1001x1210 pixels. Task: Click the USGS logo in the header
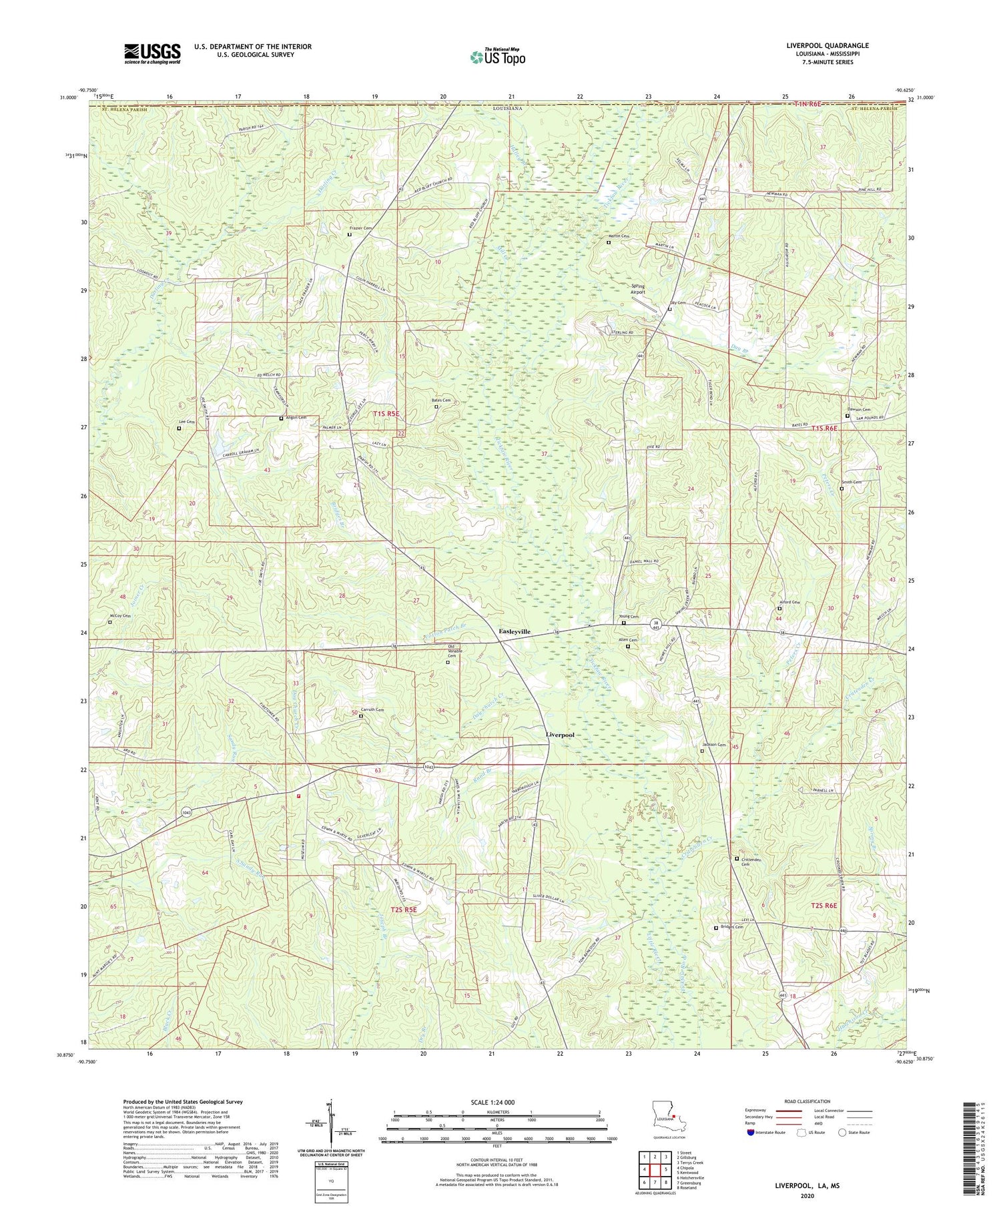click(x=152, y=53)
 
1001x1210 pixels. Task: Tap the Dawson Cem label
click(x=859, y=410)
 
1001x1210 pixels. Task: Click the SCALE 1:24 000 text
click(x=495, y=1102)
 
